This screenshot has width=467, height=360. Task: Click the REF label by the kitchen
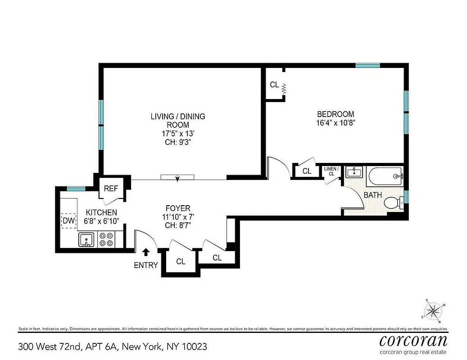(x=111, y=189)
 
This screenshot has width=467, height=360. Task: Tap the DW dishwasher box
(x=68, y=220)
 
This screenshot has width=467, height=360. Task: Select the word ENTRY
(x=146, y=265)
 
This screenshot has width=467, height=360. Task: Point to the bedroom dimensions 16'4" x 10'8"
(x=336, y=122)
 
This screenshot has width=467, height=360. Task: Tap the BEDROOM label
(x=336, y=114)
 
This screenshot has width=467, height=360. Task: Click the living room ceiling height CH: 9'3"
(x=177, y=142)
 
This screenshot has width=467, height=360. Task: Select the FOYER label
(x=178, y=208)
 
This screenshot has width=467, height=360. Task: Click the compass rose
(x=434, y=310)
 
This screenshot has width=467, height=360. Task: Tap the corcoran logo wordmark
(x=413, y=340)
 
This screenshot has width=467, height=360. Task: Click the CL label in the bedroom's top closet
(x=274, y=85)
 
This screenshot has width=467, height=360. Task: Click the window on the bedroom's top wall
(x=367, y=65)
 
